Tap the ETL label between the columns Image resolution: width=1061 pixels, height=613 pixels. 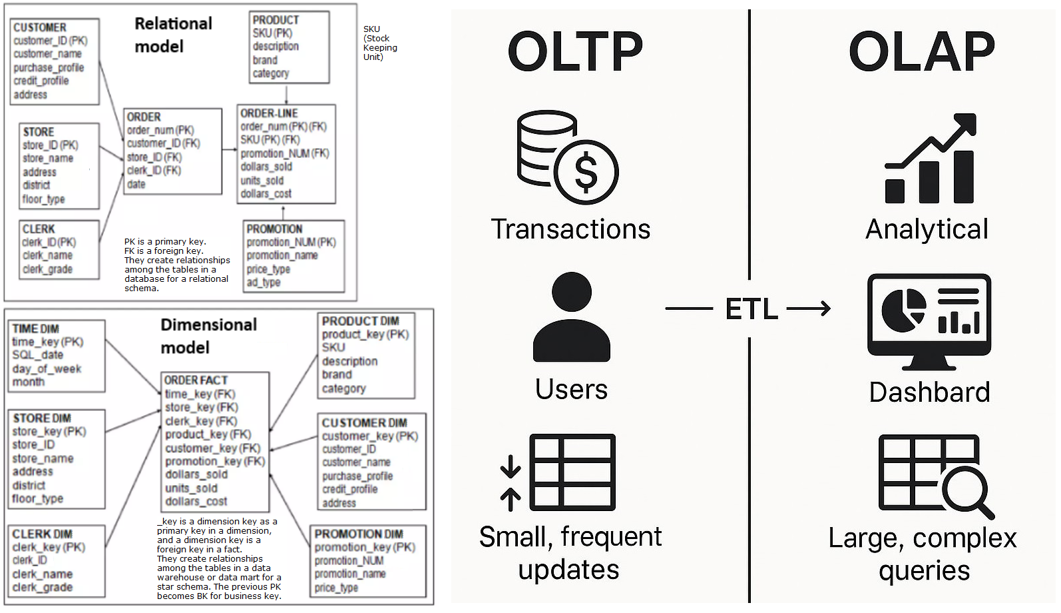coord(751,309)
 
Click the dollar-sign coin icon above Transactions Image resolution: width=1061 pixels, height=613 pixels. coord(586,171)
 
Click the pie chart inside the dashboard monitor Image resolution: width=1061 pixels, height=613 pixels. coord(903,310)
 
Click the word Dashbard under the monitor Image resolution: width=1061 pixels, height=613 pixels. coord(929,392)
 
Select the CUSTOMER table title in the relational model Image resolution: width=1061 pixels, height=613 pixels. coord(40,27)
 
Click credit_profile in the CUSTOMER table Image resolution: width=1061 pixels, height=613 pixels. coord(41,81)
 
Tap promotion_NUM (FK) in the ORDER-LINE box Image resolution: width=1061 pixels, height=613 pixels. coord(285,153)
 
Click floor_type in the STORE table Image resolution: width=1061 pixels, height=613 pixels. coord(44,199)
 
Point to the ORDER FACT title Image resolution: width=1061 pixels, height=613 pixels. coord(196,380)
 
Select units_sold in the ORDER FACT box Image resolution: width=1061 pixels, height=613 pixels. coord(191,488)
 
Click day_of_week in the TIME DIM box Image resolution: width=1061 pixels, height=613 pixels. coord(47,368)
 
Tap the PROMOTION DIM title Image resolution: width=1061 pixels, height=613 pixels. coord(359,534)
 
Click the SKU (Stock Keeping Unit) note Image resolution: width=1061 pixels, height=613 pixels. coord(379,43)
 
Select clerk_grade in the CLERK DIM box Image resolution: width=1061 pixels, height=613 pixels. coord(43,587)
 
